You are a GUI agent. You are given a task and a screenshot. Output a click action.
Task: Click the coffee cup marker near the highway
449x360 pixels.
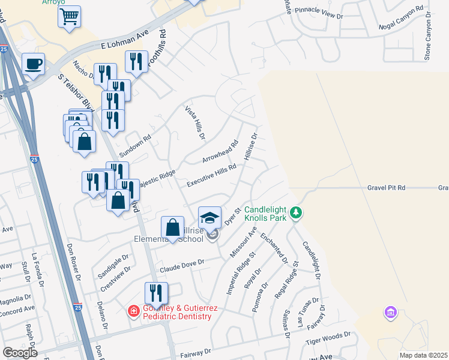coord(33,63)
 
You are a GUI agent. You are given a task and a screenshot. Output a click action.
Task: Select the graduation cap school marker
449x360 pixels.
coord(210,217)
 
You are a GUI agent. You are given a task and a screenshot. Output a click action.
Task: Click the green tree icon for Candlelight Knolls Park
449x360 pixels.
coord(295,213)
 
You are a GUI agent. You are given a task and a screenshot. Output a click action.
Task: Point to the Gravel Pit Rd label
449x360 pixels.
coord(386,188)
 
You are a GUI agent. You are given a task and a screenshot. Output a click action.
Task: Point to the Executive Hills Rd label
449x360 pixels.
coord(211,176)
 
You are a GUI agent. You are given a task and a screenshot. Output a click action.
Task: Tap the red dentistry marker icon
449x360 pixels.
coord(133,311)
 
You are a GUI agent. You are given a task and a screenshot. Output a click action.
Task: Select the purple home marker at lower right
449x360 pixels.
coord(391,313)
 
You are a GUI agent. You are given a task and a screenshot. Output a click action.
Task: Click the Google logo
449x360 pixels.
coord(20,353)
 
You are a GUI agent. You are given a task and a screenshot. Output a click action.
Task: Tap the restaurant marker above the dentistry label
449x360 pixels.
coord(155,293)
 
